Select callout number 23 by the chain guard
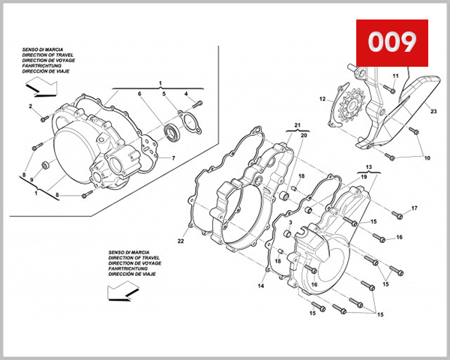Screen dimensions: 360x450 coord(433,111)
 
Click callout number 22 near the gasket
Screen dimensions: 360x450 coord(181,241)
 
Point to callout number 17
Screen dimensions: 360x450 coord(414,208)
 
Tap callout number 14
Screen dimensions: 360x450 coord(262,286)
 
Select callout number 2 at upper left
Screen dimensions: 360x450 coord(31,107)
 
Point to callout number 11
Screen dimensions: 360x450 coord(395,76)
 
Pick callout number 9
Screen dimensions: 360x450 coord(31,180)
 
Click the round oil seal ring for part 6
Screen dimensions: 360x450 coord(171,133)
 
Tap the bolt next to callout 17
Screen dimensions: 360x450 coord(398,216)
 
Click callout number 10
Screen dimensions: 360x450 coord(427,158)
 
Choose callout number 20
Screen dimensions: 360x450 coord(304,136)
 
